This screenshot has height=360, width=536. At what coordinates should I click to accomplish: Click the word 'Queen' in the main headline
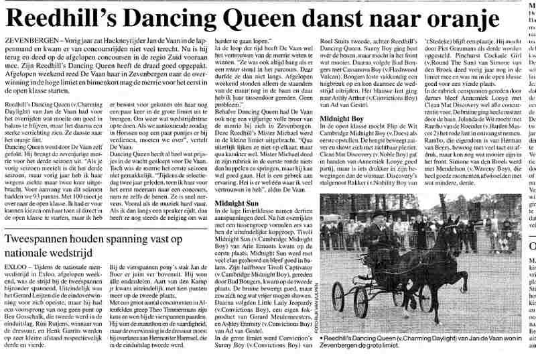point(255,15)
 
